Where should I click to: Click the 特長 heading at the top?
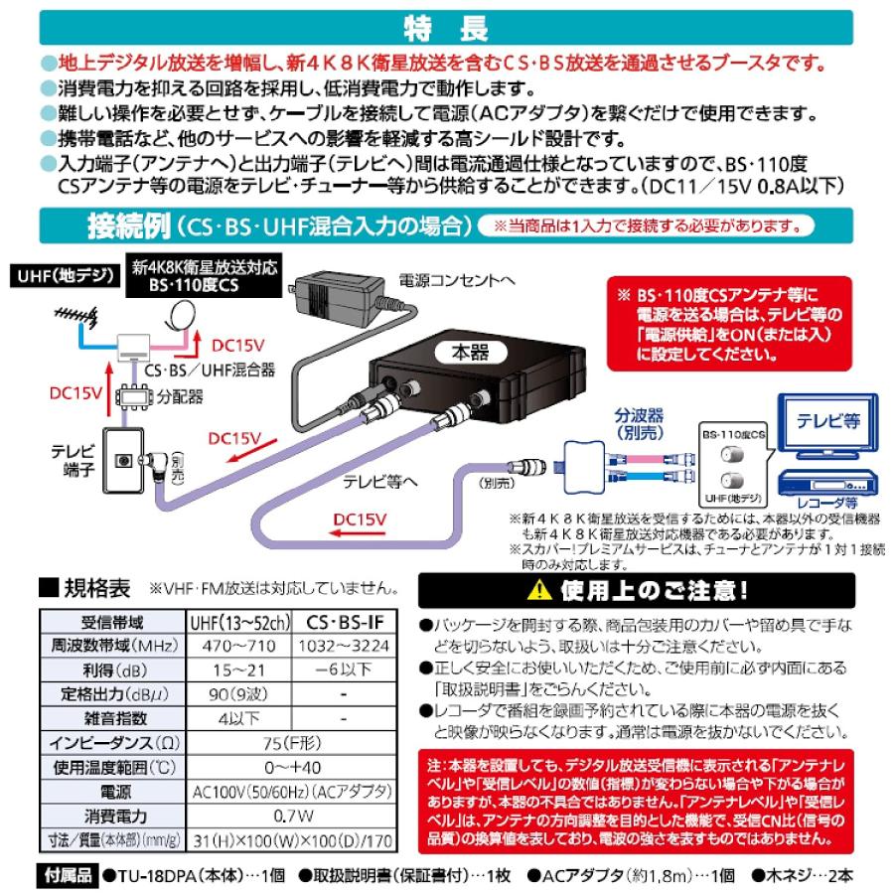tap(446, 28)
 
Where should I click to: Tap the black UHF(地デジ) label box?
tap(66, 276)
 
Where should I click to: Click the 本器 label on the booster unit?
tap(471, 353)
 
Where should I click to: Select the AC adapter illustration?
tap(336, 296)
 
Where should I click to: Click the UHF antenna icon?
tap(76, 316)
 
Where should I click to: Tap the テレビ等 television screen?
tap(827, 421)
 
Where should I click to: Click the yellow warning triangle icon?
tap(538, 591)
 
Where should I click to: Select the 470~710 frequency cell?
tap(238, 646)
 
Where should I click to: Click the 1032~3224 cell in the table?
tap(344, 646)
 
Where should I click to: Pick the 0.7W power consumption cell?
tap(292, 817)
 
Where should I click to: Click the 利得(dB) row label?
tap(113, 670)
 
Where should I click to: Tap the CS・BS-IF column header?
tap(345, 622)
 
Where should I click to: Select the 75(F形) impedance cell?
tap(292, 743)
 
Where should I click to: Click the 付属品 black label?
tap(68, 875)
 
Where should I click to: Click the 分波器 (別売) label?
tap(639, 424)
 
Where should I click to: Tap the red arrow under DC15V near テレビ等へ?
tap(358, 533)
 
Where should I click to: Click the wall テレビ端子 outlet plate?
tap(122, 461)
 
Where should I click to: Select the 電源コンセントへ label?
tap(457, 280)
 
